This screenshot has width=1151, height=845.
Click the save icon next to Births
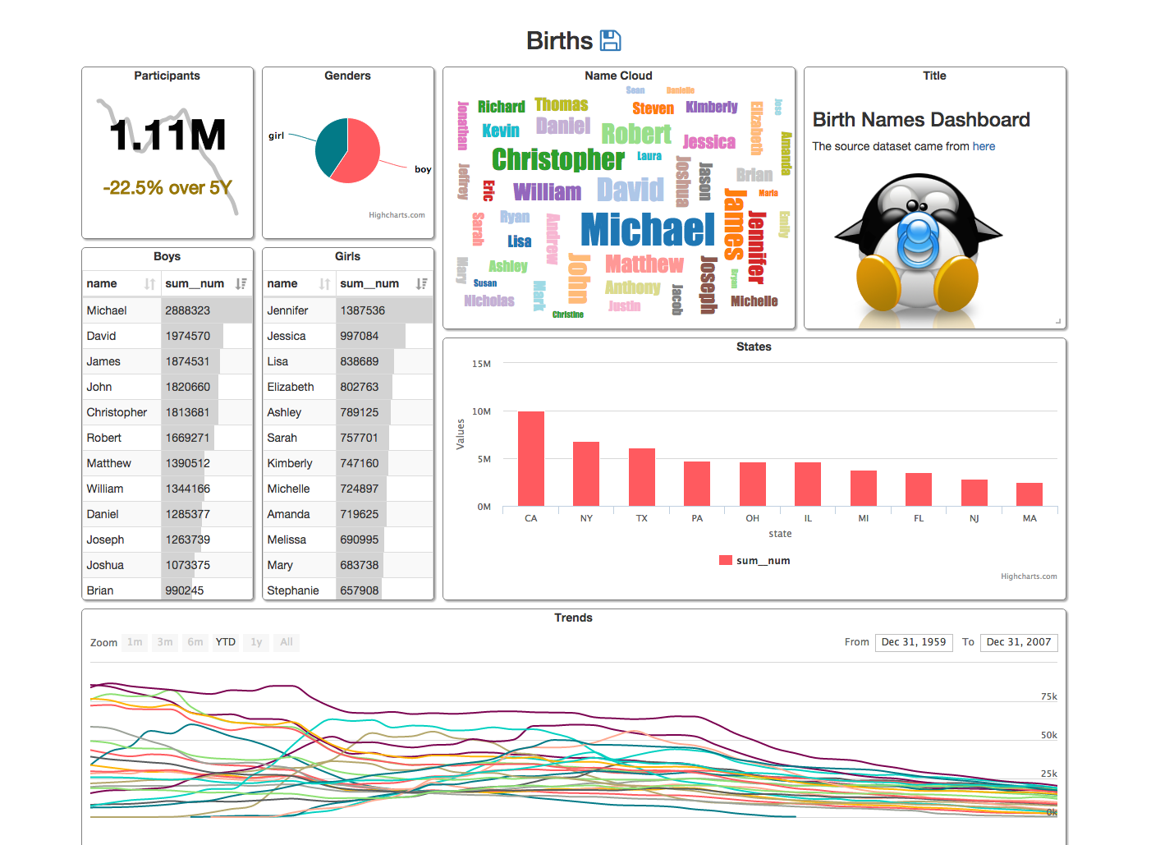point(610,40)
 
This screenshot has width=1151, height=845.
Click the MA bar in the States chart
point(1029,494)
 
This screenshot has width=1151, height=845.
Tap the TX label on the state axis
point(642,518)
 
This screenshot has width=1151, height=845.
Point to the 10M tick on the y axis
point(481,411)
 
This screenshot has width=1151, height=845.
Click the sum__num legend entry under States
point(754,561)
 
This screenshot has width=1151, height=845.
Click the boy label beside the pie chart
point(423,169)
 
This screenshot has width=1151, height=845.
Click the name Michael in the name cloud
point(648,230)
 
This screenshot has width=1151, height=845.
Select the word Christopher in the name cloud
point(558,159)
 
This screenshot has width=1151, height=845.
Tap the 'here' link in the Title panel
point(984,146)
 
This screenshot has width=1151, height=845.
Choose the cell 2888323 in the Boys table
point(188,310)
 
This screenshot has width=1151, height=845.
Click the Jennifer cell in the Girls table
point(288,310)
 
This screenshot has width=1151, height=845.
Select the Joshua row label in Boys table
point(106,565)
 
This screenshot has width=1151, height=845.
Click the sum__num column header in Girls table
point(370,283)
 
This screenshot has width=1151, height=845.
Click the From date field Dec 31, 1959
point(914,642)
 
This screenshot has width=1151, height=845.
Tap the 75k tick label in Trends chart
point(1048,696)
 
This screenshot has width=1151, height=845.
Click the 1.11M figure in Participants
point(167,135)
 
